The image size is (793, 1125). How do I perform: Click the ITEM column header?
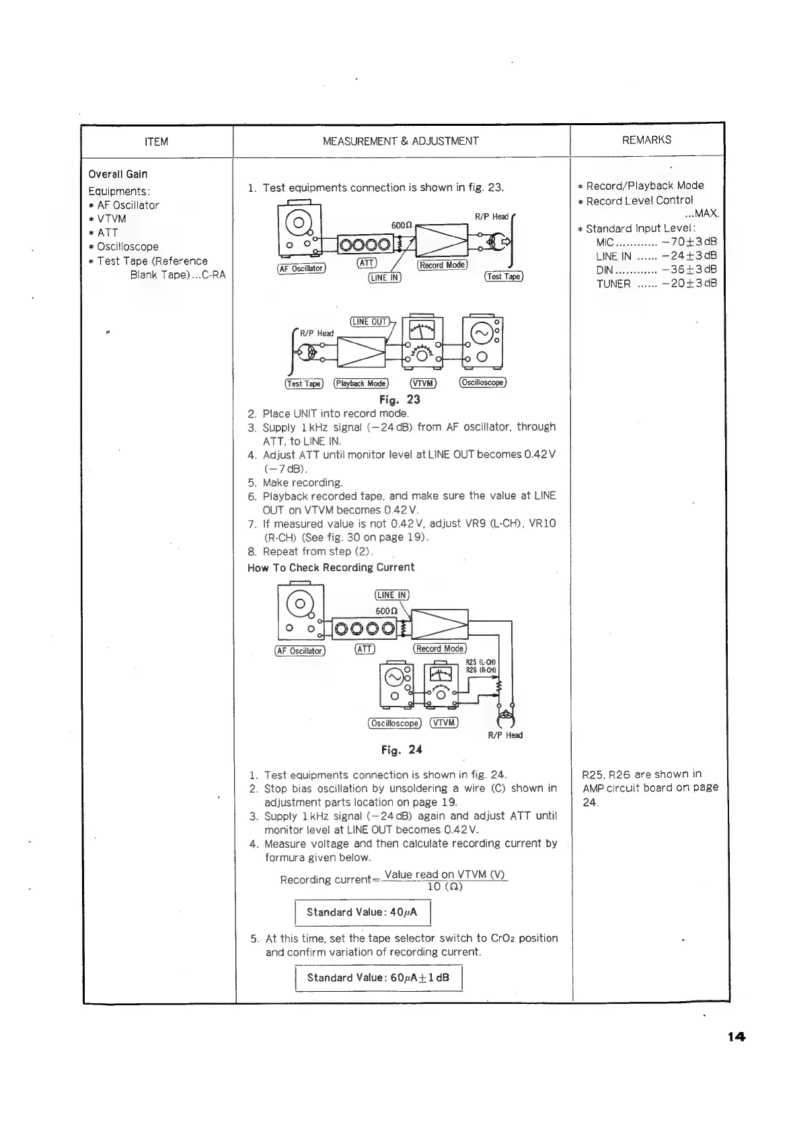(x=157, y=142)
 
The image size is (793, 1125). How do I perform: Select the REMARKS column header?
(x=647, y=140)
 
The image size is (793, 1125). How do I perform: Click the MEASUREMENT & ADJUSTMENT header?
(x=401, y=141)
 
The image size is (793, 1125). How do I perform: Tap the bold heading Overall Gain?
(x=118, y=174)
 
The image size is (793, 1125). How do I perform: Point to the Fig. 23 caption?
(x=400, y=400)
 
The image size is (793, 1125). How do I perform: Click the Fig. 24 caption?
(x=402, y=750)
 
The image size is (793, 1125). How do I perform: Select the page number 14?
(x=737, y=1037)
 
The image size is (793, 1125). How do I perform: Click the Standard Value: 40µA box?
(x=362, y=912)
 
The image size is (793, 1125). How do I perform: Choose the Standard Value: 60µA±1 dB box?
(x=378, y=978)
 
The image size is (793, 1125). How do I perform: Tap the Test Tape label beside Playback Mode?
(x=304, y=384)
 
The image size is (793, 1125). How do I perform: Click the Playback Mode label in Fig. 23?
(x=361, y=384)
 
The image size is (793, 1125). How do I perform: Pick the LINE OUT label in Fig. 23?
(x=370, y=322)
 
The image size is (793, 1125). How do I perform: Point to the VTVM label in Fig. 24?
(x=443, y=723)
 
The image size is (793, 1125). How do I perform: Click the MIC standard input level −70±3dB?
(x=689, y=242)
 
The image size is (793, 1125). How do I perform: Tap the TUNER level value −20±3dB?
(x=689, y=283)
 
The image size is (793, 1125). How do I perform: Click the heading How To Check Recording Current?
(x=331, y=567)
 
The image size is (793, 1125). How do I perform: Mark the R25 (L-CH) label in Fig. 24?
(x=481, y=662)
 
